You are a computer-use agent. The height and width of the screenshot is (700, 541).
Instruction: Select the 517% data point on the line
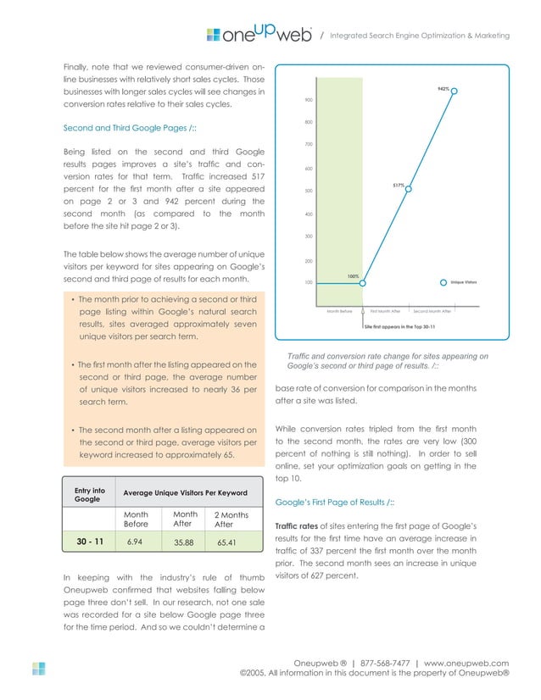pyautogui.click(x=409, y=189)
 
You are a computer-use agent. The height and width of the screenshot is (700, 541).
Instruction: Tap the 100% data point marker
pyautogui.click(x=362, y=283)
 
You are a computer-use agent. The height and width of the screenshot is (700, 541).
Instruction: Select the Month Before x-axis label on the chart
pyautogui.click(x=339, y=311)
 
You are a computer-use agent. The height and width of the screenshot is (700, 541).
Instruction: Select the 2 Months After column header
pyautogui.click(x=229, y=519)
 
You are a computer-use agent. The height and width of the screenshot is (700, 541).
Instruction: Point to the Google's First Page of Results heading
pyautogui.click(x=334, y=503)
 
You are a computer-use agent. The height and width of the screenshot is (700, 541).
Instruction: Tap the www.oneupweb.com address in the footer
pyautogui.click(x=466, y=663)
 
